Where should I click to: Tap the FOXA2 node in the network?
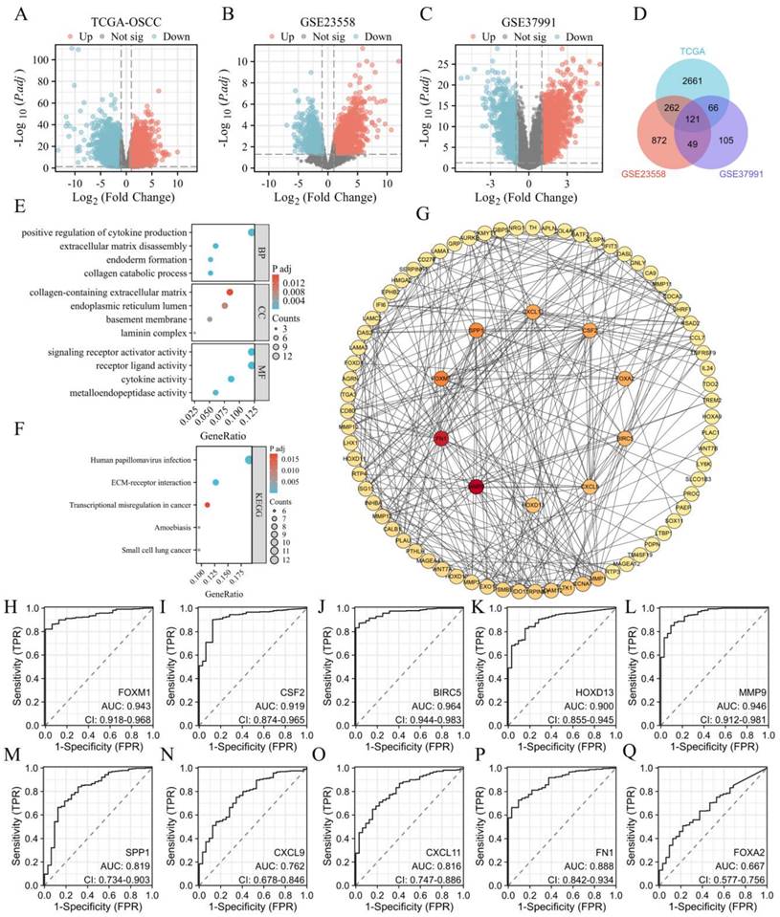pyautogui.click(x=625, y=379)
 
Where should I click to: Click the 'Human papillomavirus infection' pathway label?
pyautogui.click(x=128, y=460)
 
